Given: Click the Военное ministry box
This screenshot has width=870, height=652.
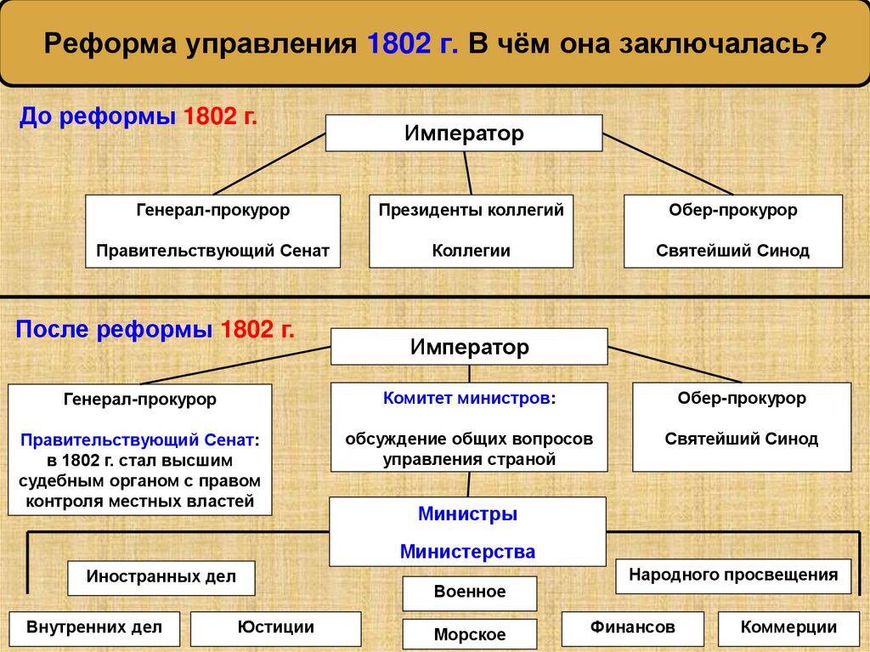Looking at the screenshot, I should tap(469, 592).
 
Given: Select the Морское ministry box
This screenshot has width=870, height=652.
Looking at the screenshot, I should tap(469, 634).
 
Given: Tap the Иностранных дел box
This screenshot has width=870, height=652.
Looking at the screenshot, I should tap(160, 578).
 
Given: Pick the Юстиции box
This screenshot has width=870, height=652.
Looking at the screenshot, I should tap(276, 628).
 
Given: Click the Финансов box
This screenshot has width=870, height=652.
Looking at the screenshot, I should tap(633, 628).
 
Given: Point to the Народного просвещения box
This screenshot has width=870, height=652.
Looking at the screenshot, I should tap(732, 575).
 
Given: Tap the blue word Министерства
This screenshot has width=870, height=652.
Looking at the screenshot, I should tap(467, 552).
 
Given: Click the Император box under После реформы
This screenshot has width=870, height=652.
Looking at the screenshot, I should tap(469, 347).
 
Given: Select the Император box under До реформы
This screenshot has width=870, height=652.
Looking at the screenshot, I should tap(464, 133).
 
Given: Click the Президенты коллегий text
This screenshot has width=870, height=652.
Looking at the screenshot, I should tap(471, 209).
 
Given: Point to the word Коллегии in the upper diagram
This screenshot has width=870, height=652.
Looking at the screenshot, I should tap(471, 251).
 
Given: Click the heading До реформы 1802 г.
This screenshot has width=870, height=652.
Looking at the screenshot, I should tap(138, 116).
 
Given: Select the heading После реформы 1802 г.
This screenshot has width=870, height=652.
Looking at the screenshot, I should tap(155, 330).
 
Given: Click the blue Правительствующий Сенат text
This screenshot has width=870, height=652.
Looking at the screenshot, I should tap(136, 440).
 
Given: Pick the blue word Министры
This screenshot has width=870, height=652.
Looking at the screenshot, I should tap(467, 514).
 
